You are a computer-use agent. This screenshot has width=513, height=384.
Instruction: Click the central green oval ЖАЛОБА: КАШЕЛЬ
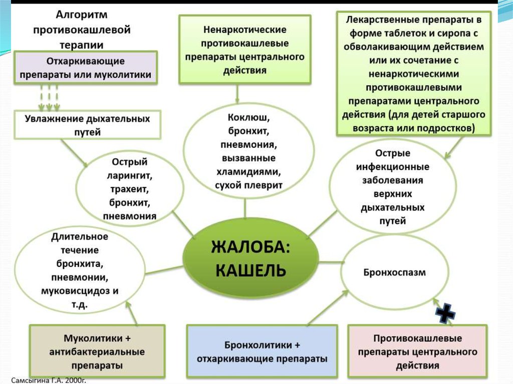tap(250, 259)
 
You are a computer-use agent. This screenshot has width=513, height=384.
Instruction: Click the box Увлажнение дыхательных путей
tap(88, 126)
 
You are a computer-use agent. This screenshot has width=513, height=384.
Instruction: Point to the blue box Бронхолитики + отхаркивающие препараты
tap(262, 352)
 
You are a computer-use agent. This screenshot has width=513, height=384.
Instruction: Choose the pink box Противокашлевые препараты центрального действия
tap(417, 351)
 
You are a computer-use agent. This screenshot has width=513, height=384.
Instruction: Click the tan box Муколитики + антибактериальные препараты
tap(97, 351)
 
